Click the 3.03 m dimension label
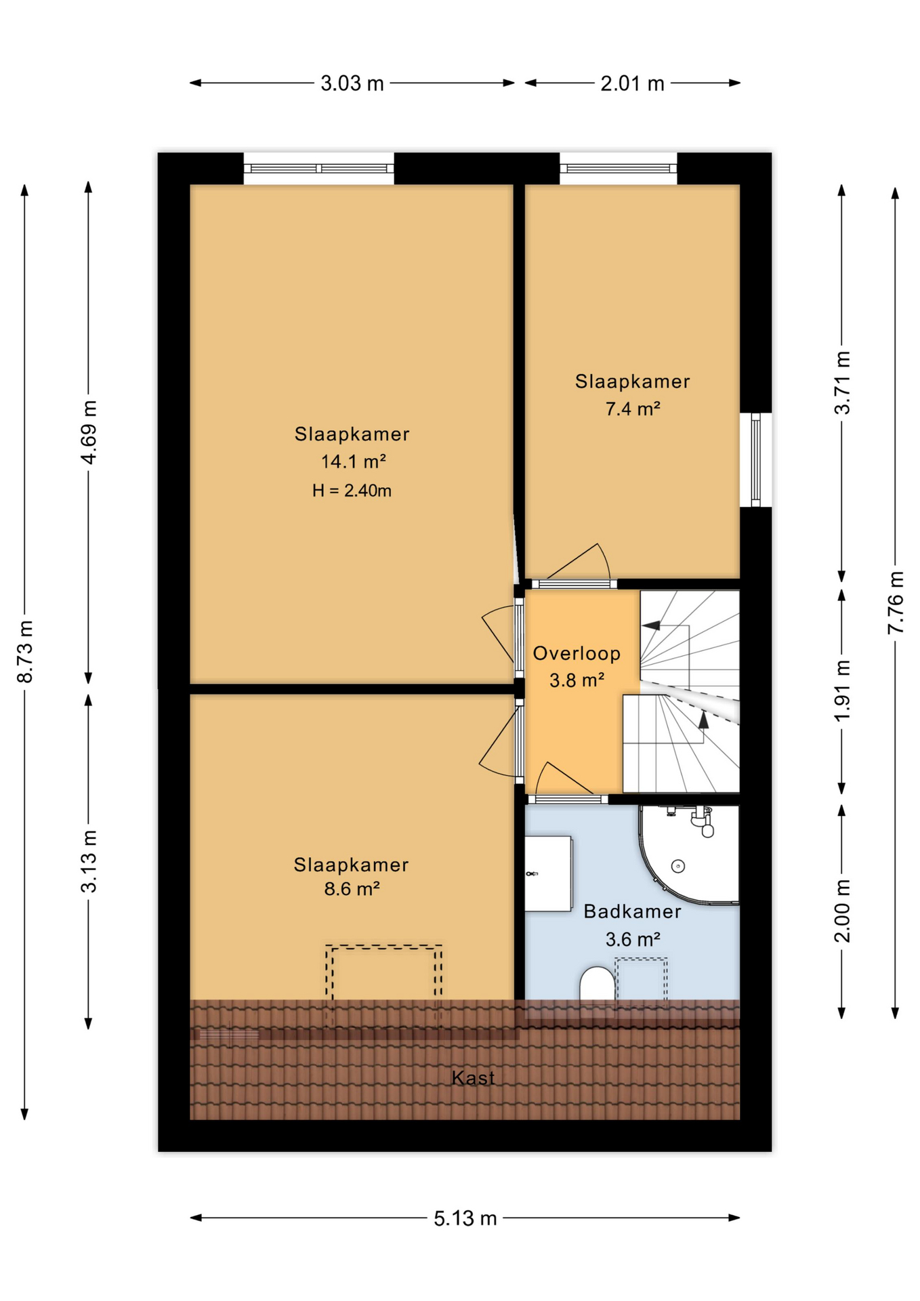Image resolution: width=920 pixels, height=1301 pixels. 352,83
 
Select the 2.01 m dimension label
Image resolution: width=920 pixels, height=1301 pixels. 632,83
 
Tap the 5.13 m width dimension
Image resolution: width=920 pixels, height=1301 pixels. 465,1218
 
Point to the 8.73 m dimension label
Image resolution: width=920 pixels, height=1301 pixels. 25,652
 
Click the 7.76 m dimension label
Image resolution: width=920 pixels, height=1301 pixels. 896,602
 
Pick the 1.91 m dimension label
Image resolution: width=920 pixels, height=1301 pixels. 842,690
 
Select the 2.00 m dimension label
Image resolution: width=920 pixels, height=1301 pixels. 842,911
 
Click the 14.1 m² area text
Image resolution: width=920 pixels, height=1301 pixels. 353,461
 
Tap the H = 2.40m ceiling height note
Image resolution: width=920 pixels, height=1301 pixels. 352,491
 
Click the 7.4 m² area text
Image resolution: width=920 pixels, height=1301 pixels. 633,409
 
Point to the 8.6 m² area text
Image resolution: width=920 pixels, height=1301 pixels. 352,888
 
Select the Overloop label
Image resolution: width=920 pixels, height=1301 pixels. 577,653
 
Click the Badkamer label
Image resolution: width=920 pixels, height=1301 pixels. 633,911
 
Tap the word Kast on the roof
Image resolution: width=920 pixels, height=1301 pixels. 473,1077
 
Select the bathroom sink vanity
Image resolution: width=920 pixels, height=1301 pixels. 548,873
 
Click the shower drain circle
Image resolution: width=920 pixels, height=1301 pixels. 678,866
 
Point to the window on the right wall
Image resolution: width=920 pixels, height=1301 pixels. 755,459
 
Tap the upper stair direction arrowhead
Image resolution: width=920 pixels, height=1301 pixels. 652,625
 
